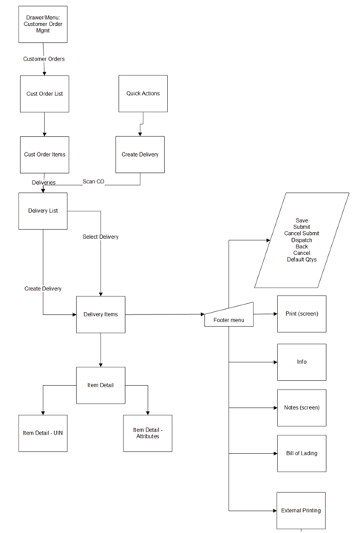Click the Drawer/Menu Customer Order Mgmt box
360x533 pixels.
point(44,24)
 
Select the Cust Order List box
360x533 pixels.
point(44,94)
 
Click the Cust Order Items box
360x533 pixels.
point(44,155)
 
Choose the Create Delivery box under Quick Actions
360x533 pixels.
point(140,155)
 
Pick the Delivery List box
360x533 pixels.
point(43,211)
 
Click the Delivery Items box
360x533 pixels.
point(100,314)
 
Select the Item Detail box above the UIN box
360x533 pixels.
point(100,384)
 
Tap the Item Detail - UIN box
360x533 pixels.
point(43,432)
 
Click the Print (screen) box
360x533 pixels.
point(301,314)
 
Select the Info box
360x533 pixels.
point(301,361)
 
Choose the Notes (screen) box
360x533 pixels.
point(301,407)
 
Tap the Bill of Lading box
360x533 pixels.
point(301,453)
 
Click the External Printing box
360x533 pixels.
point(301,510)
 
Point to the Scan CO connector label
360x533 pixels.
point(93,181)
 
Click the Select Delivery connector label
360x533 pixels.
point(101,237)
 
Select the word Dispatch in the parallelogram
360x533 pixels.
point(302,240)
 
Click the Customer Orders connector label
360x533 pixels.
point(44,58)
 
